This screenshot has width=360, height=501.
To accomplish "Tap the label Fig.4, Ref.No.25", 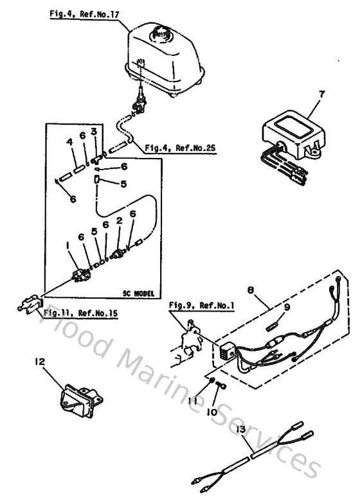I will [x=179, y=148].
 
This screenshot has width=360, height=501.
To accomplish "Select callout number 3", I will [x=93, y=132].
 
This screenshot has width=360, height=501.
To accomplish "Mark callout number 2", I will [x=119, y=222].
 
